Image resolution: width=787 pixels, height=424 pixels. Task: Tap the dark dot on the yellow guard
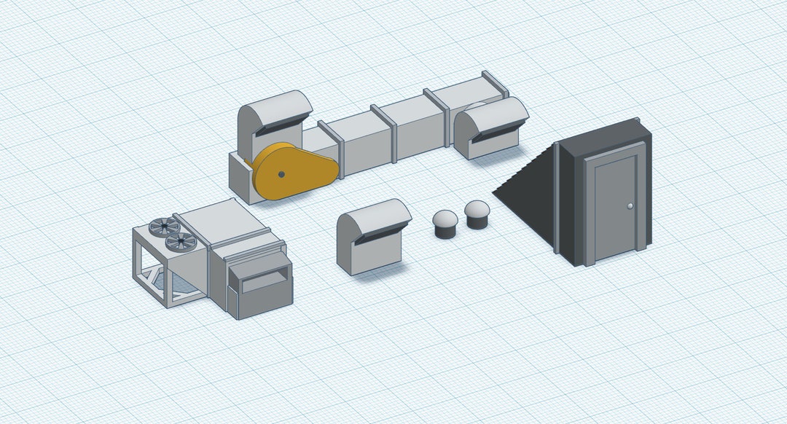point(281,174)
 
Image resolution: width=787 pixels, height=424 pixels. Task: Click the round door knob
point(630,207)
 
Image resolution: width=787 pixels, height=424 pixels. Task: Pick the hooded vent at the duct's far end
point(490,125)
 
